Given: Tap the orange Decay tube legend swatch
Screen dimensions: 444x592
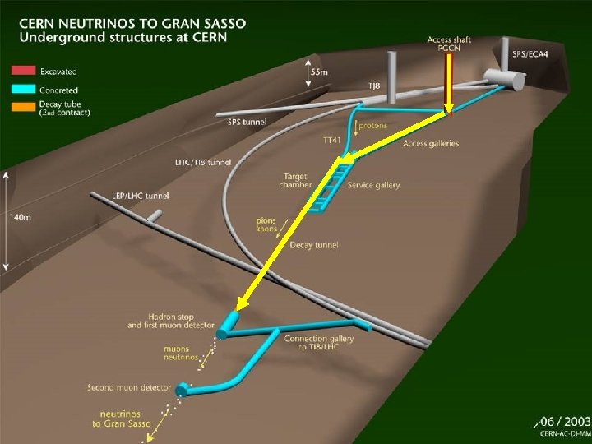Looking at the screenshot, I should [23, 106].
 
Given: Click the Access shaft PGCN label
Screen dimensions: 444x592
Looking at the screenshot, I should [446, 44].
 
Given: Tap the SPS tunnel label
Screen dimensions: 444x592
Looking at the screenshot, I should [246, 123].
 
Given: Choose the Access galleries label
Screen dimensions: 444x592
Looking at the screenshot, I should [431, 144].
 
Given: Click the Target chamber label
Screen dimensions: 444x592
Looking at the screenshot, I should [297, 180].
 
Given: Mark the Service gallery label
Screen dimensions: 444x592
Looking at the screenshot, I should [373, 185].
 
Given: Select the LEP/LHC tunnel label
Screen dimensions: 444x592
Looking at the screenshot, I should [120, 196].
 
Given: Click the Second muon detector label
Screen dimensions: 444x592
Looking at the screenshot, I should [129, 387].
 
